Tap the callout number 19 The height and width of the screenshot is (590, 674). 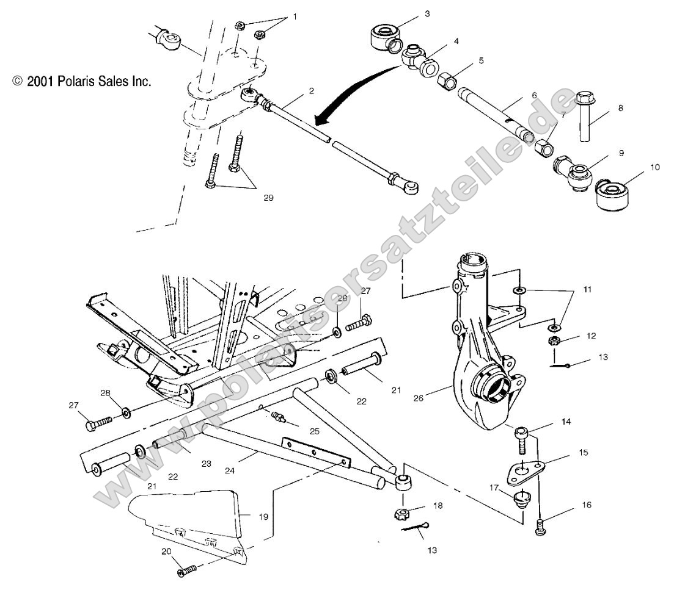(263, 516)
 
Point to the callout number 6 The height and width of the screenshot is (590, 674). (533, 95)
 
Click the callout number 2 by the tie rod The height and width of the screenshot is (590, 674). (311, 90)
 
